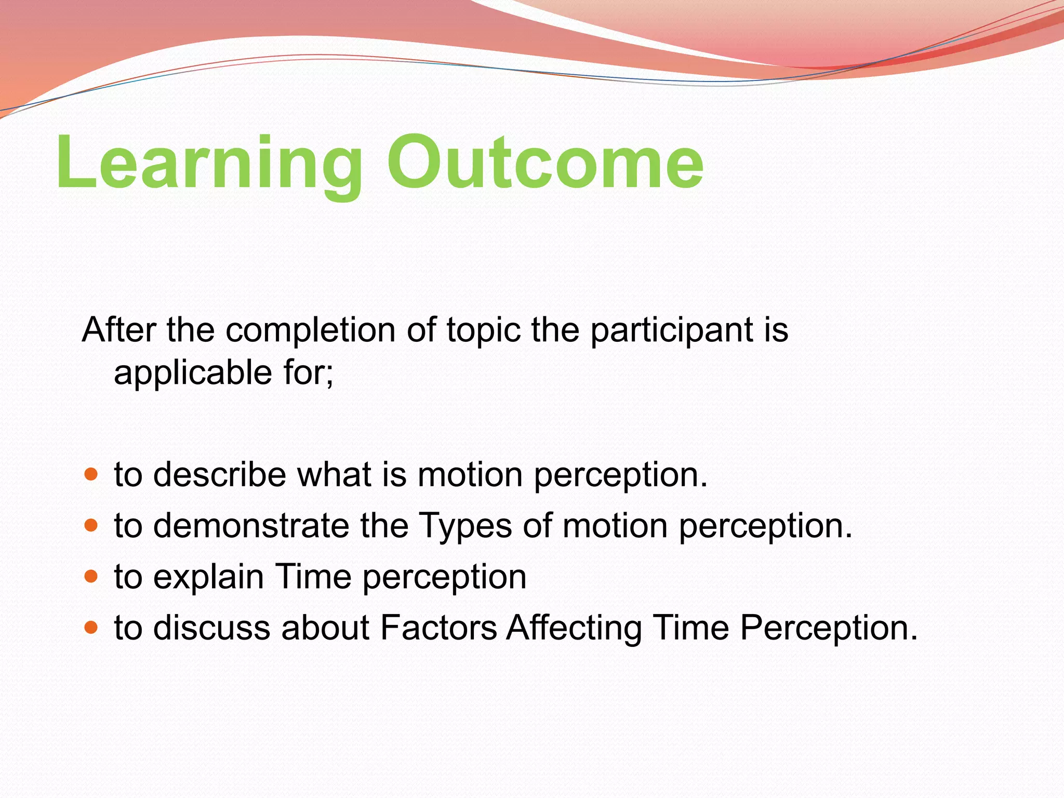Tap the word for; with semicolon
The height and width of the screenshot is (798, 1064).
click(x=309, y=373)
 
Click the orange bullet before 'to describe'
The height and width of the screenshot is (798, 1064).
click(x=91, y=475)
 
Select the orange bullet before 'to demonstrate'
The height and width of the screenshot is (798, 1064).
click(x=91, y=526)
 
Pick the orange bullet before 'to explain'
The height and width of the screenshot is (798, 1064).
click(x=91, y=577)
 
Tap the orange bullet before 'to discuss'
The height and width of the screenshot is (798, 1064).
click(x=91, y=628)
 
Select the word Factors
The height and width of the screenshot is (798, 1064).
click(x=438, y=628)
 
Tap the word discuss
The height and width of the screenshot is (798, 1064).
click(x=211, y=628)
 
